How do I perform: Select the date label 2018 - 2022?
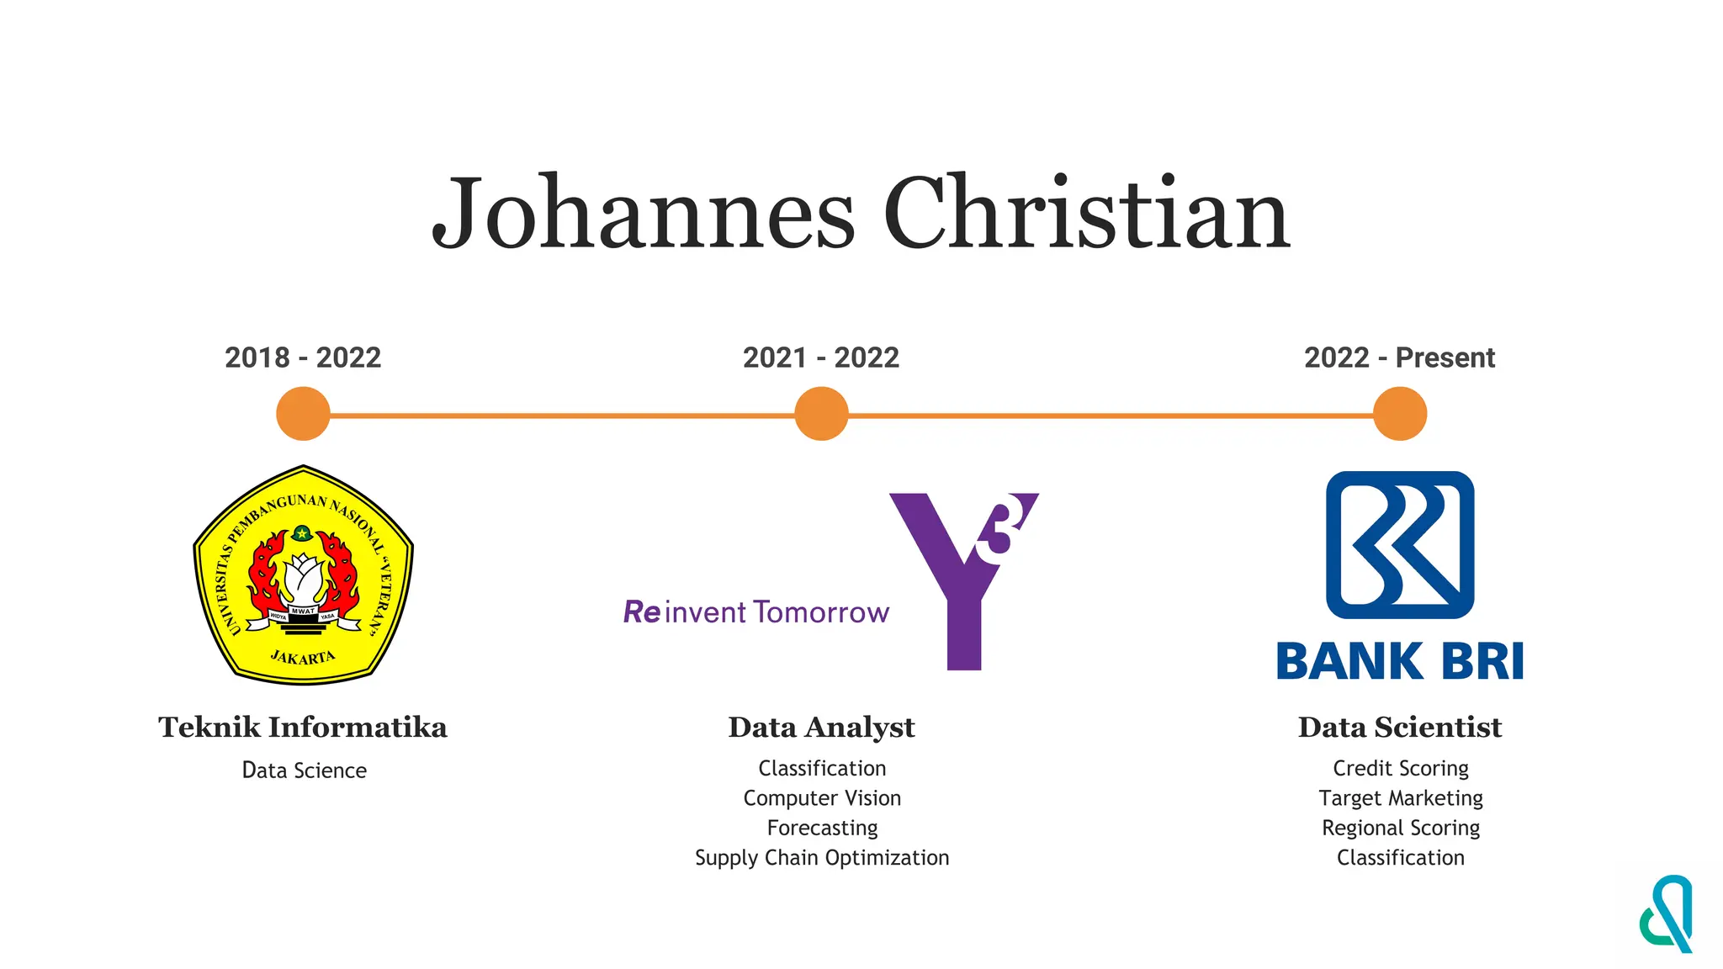(303, 357)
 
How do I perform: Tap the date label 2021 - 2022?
(821, 357)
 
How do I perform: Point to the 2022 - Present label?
(1399, 357)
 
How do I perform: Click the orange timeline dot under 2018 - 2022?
(303, 414)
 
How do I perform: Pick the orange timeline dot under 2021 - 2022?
(821, 414)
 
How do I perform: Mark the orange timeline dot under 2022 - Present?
(1400, 414)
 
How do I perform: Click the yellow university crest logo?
(303, 575)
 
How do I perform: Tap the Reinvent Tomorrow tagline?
(755, 612)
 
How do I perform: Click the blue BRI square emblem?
(1400, 545)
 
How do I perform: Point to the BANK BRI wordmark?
(1400, 661)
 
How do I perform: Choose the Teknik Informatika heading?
(303, 728)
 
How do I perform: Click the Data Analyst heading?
(821, 728)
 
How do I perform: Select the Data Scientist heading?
(1400, 728)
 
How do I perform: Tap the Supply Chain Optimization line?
(822, 858)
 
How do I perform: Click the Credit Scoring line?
(1401, 768)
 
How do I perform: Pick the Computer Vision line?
(822, 798)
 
